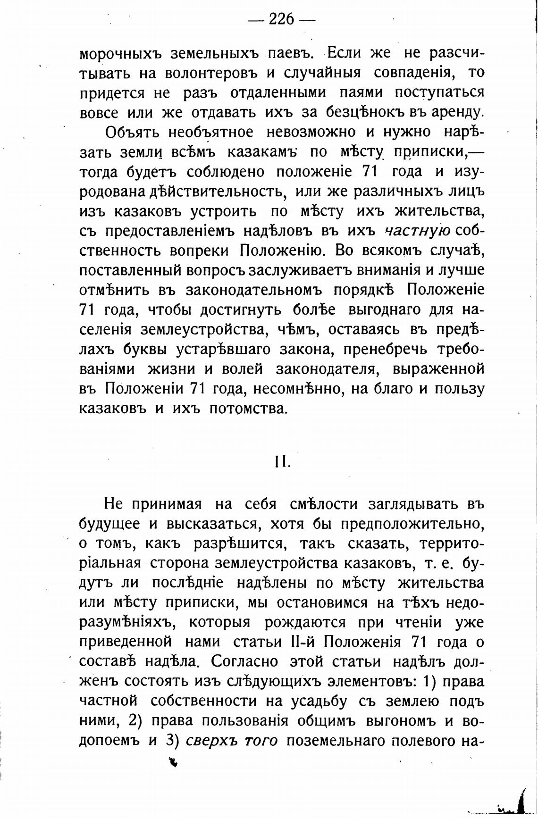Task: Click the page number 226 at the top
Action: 281,19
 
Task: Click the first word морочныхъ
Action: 120,53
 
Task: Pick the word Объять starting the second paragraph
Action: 131,133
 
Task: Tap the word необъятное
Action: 212,133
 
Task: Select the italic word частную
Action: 418,231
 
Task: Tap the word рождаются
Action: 305,623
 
